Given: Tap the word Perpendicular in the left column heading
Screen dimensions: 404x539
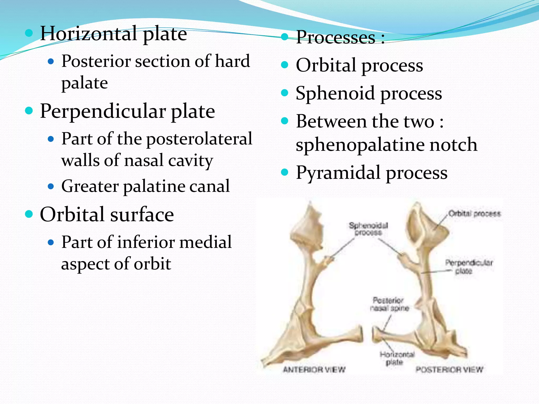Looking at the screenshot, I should click(103, 111).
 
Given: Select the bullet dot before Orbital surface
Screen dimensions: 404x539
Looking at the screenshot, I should click(29, 214).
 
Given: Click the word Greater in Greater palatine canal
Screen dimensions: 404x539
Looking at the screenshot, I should click(90, 186).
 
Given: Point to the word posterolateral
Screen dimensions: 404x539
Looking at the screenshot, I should click(199, 139).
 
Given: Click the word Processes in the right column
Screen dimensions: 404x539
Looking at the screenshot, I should click(336, 37).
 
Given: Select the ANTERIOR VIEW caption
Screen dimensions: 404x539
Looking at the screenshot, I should click(314, 370).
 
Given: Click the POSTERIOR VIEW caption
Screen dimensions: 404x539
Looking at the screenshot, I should click(449, 370).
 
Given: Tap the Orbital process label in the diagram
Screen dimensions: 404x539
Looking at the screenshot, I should click(474, 213).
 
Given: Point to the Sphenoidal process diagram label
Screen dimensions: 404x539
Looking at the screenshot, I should click(368, 229).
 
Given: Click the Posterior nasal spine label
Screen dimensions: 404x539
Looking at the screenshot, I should click(389, 304).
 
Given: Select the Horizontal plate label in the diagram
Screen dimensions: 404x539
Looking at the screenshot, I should click(397, 358).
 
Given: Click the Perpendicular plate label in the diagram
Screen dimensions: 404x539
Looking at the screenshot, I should click(469, 266).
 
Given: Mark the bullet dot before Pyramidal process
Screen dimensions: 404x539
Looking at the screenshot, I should click(285, 172).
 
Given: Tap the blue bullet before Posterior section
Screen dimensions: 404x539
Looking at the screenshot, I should click(51, 62).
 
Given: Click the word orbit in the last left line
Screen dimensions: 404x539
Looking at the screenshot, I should click(153, 264).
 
